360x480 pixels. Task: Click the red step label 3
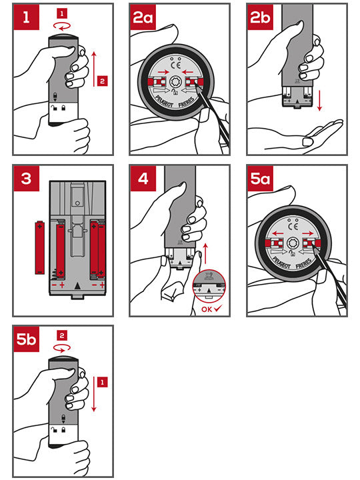tap(27, 179)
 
